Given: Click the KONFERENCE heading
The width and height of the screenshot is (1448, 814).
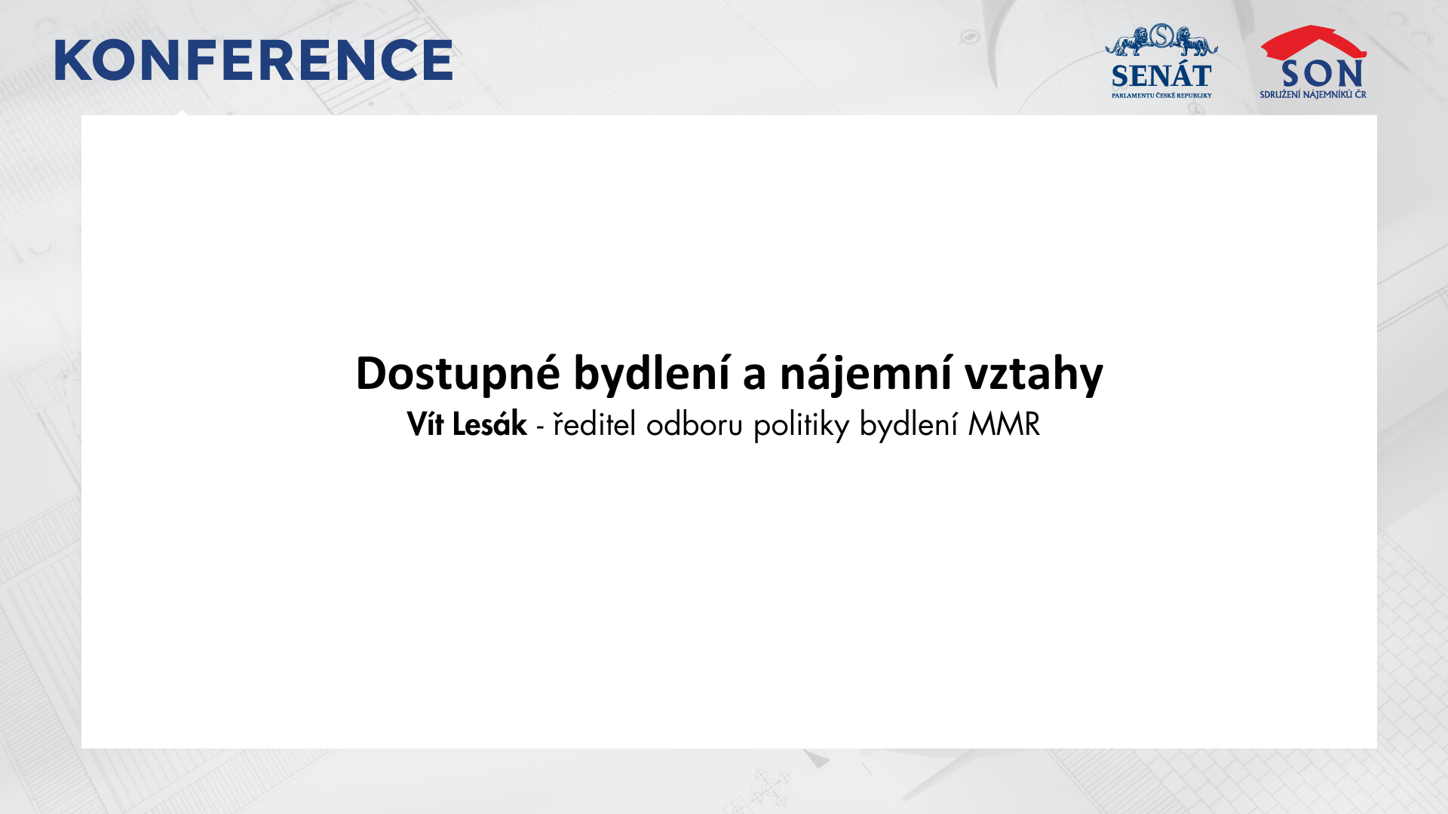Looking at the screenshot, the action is pyautogui.click(x=253, y=60).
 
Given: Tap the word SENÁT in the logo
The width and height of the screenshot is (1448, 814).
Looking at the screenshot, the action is pyautogui.click(x=1161, y=76).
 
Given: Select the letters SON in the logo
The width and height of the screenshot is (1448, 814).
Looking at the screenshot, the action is pyautogui.click(x=1322, y=73).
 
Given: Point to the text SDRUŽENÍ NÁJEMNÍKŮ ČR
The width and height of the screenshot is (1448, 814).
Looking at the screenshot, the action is pyautogui.click(x=1313, y=94).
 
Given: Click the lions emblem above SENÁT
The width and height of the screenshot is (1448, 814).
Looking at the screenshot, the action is pyautogui.click(x=1161, y=40).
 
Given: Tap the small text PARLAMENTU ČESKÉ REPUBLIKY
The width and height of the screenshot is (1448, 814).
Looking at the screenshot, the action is pyautogui.click(x=1161, y=96).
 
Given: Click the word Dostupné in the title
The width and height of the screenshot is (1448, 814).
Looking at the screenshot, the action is pyautogui.click(x=458, y=374).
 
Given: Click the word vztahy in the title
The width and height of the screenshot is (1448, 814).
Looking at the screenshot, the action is pyautogui.click(x=1034, y=374).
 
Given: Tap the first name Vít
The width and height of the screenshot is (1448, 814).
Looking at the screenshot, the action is pyautogui.click(x=425, y=424).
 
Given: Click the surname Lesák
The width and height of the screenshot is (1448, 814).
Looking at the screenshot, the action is pyautogui.click(x=489, y=424).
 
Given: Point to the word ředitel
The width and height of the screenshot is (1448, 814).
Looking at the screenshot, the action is pyautogui.click(x=594, y=424).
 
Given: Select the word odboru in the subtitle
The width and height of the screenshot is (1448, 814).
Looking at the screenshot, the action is pyautogui.click(x=695, y=424).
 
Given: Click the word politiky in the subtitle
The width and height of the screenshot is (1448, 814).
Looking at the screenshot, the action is pyautogui.click(x=802, y=426).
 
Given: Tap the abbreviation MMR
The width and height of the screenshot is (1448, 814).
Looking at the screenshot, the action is pyautogui.click(x=1004, y=424).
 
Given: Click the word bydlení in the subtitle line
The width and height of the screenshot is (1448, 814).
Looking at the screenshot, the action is pyautogui.click(x=909, y=426).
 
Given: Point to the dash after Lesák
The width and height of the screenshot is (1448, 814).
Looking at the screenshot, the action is pyautogui.click(x=540, y=428).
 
